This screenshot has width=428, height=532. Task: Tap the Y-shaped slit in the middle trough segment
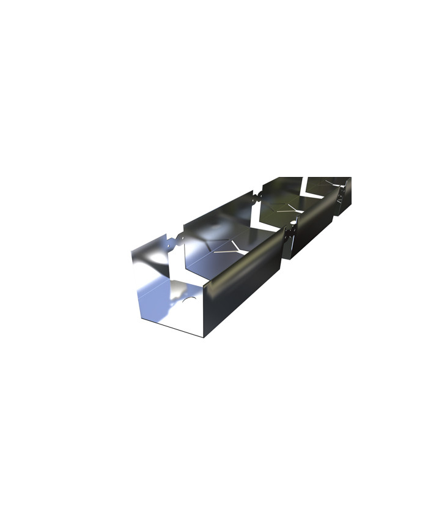coord(290,210)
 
